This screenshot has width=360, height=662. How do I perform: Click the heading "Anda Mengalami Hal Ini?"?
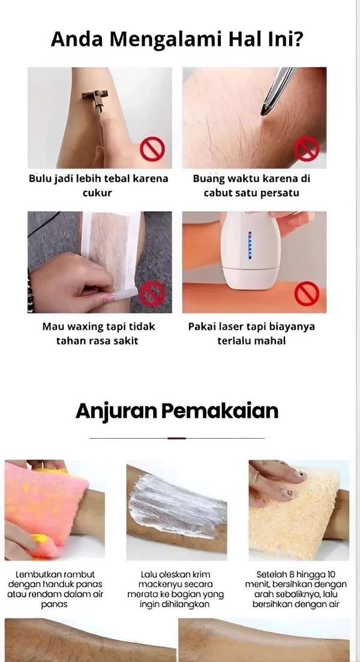(x=176, y=39)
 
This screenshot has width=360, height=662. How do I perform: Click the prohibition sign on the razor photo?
(x=152, y=149)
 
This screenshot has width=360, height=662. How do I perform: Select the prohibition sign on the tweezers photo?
(x=307, y=149)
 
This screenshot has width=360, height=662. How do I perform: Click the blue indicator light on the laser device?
(x=250, y=245)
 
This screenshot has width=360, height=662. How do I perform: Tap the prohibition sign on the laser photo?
(x=307, y=293)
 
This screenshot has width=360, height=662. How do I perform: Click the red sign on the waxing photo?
(x=152, y=293)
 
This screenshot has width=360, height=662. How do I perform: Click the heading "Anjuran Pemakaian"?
(x=177, y=411)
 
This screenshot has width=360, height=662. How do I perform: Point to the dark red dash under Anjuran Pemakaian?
(x=177, y=438)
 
